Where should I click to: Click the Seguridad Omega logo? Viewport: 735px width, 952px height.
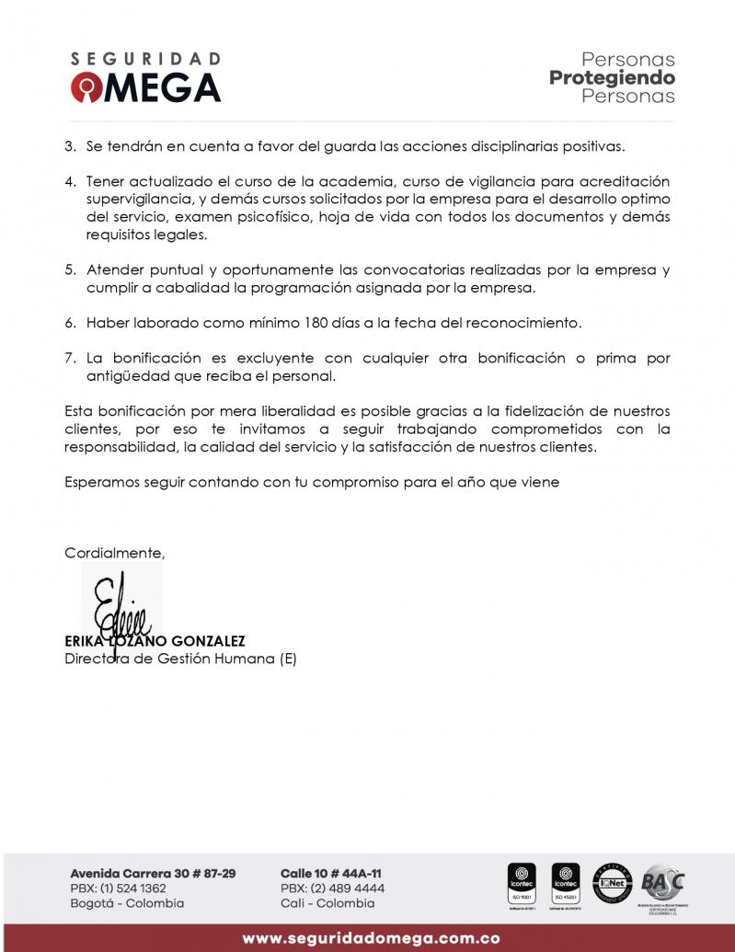point(145,77)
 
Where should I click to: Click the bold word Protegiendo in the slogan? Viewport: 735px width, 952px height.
point(612,78)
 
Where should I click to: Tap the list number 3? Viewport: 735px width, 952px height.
point(70,146)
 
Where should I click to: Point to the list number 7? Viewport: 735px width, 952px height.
point(70,358)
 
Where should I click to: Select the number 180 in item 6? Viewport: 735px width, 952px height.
point(316,323)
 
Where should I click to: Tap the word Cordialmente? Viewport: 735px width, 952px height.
point(114,553)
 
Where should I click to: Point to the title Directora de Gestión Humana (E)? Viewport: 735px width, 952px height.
point(180,659)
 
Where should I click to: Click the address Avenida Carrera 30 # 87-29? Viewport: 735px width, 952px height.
point(153,873)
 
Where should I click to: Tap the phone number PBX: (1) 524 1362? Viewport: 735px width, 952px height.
point(118,889)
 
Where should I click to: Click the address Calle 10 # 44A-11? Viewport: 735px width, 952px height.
point(331,873)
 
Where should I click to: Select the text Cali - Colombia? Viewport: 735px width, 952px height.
point(327,903)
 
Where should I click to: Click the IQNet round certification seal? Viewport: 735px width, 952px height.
point(612,883)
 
